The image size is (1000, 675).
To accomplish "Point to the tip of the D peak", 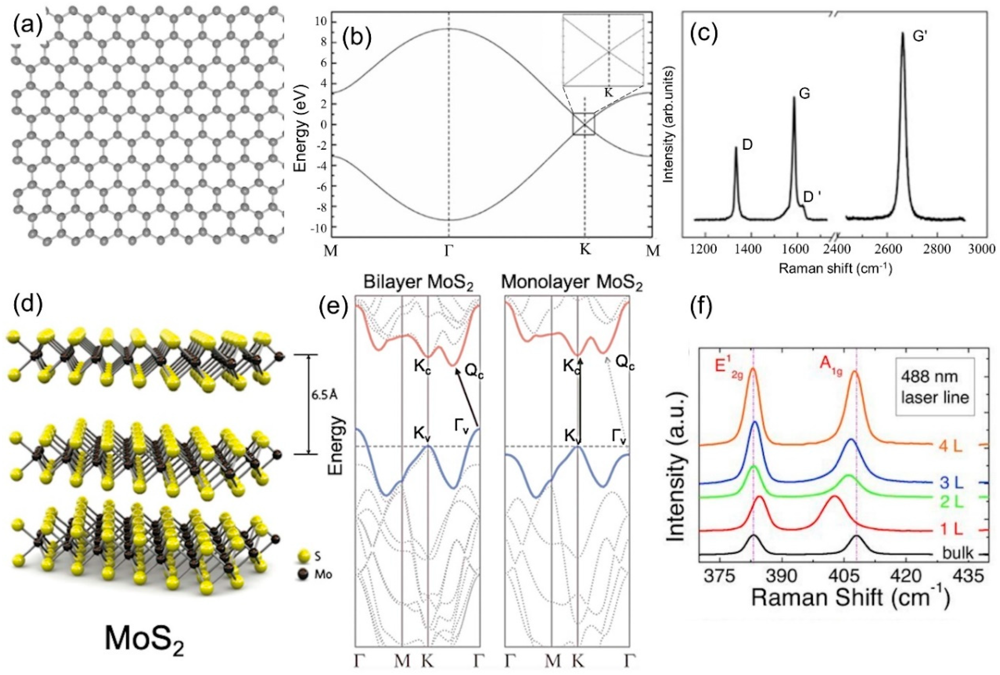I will pyautogui.click(x=736, y=148).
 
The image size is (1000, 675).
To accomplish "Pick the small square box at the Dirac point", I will pyautogui.click(x=583, y=124).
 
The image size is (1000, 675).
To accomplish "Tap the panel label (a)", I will pyautogui.click(x=27, y=27).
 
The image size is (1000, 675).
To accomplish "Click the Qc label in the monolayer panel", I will pyautogui.click(x=625, y=365).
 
